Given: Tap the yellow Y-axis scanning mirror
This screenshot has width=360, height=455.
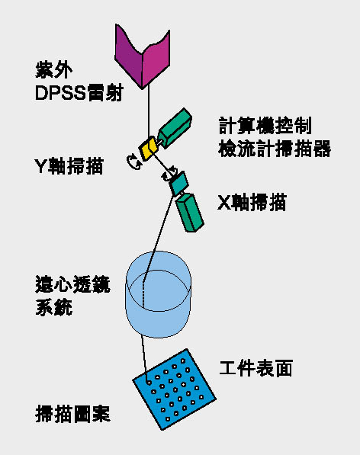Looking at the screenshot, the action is tap(148, 148).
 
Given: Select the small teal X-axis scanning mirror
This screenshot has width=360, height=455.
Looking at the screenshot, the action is tap(178, 184).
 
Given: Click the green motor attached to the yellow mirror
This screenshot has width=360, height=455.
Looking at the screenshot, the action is tap(175, 128).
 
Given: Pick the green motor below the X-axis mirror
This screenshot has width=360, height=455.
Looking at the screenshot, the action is tap(190, 212).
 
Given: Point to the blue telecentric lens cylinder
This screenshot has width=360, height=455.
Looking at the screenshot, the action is tap(159, 294).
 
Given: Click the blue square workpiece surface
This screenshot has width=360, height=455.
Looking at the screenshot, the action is tap(174, 389).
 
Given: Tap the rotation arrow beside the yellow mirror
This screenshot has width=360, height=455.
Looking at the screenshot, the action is tap(134, 162).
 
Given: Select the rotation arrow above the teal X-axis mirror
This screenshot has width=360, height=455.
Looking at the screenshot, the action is tap(169, 174).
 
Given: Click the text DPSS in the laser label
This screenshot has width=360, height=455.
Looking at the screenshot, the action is tap(60, 94).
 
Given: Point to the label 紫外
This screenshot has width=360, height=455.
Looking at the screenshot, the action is tap(53, 70).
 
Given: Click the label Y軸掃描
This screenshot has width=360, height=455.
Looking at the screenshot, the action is tap(69, 166).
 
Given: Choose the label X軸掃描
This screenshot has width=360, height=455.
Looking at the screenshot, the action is tap(252, 202).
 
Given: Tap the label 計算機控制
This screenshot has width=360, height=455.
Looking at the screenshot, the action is tap(265, 125).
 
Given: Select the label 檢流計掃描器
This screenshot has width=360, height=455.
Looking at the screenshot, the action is tap(275, 149).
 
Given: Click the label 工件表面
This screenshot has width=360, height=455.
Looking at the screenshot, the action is tap(256, 368).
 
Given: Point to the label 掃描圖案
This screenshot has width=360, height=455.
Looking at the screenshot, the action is tap(72, 414).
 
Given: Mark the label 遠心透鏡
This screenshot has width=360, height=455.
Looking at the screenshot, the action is tap(72, 284).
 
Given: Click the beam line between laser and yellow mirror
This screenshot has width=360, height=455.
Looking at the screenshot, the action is tap(149, 112).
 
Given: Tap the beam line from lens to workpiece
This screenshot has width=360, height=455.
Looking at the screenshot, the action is tap(145, 359).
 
